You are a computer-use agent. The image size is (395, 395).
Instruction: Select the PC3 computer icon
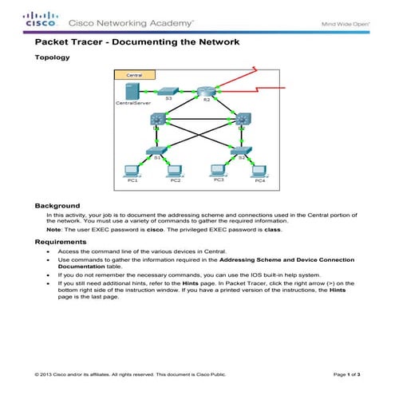click(x=218, y=169)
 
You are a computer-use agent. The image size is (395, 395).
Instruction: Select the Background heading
click(x=57, y=205)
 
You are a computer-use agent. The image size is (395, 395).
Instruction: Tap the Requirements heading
click(x=61, y=241)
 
